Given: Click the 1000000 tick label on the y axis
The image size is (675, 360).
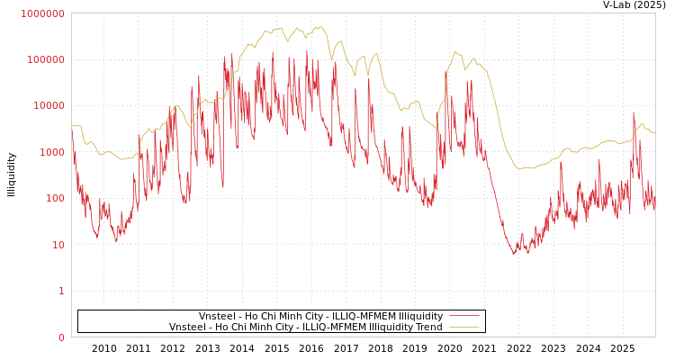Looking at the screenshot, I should [x=42, y=13].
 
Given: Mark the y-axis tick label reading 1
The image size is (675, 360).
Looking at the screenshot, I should [x=61, y=292].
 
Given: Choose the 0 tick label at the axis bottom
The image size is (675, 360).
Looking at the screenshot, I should [x=61, y=337].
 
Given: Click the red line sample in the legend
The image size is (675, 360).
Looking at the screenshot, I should [x=463, y=317].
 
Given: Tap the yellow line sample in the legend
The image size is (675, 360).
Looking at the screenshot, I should [x=463, y=328].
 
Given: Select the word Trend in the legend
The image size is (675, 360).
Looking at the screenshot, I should [x=427, y=328].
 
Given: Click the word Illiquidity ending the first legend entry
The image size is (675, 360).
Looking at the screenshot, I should [x=420, y=317].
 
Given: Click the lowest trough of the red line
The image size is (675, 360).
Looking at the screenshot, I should [x=515, y=255].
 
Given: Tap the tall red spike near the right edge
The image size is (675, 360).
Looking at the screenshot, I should [x=634, y=113].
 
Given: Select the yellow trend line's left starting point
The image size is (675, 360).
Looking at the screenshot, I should [x=72, y=126].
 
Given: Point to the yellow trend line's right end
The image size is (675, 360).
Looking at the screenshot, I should [x=654, y=132].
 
